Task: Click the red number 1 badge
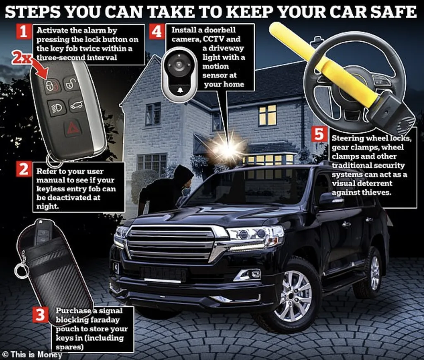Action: coord(24,31)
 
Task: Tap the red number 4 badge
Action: coord(157,31)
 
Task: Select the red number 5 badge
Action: coord(319,134)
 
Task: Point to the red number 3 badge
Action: coord(40,314)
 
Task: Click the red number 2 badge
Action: coord(24,169)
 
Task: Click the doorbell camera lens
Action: coord(178,65)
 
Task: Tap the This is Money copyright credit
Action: coord(32,355)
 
